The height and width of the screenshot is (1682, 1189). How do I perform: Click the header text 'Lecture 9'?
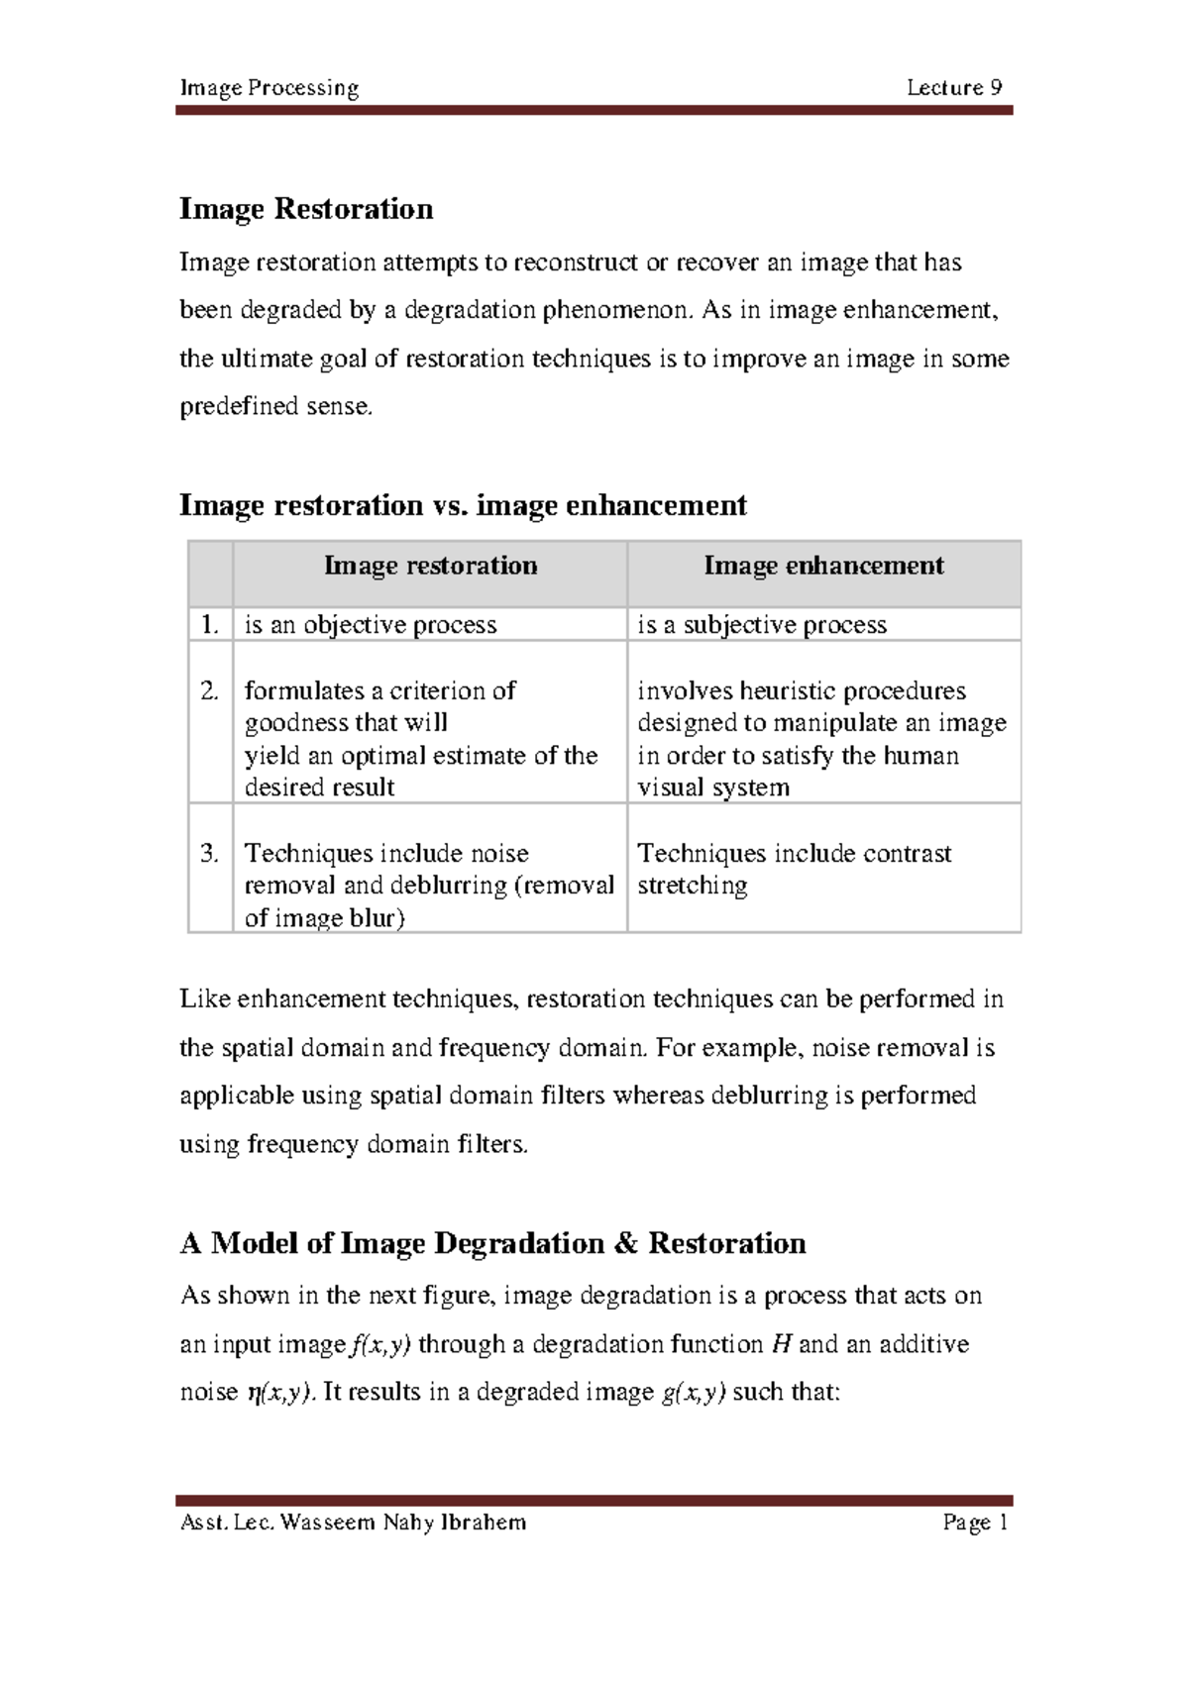pos(953,87)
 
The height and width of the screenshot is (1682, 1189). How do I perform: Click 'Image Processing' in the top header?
pos(269,88)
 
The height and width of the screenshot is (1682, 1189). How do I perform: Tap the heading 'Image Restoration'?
pos(306,209)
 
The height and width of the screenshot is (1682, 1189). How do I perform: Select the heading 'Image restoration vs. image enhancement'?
pos(463,505)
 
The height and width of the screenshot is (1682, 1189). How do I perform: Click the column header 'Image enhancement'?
pos(823,566)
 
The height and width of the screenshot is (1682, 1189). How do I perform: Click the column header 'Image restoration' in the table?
pos(430,566)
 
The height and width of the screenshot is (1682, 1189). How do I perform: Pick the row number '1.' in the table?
pos(208,624)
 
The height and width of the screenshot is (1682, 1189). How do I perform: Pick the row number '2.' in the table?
pos(208,690)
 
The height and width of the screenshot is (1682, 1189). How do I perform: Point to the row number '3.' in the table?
pos(208,853)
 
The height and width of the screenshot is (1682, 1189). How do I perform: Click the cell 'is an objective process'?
pos(371,625)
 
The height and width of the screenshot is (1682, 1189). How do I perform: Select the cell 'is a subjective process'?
pos(762,625)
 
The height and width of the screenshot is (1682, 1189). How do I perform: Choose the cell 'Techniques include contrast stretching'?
pos(794,868)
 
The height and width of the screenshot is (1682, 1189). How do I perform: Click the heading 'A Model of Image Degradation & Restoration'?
pos(492,1243)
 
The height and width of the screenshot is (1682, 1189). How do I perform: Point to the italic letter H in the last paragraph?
pos(781,1344)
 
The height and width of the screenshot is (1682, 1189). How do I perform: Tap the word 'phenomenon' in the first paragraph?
pos(613,310)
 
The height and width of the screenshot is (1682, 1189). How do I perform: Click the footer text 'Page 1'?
pos(975,1523)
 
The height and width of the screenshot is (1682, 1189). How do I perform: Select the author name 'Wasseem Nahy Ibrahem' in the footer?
pos(403,1523)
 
